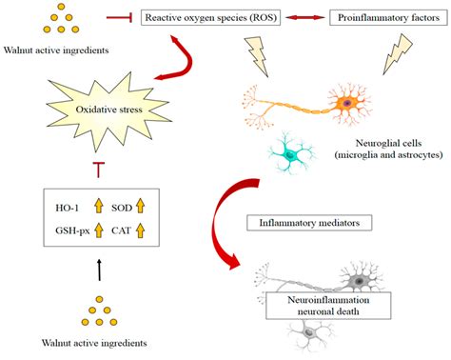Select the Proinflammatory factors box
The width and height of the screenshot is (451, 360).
(x=384, y=18)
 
